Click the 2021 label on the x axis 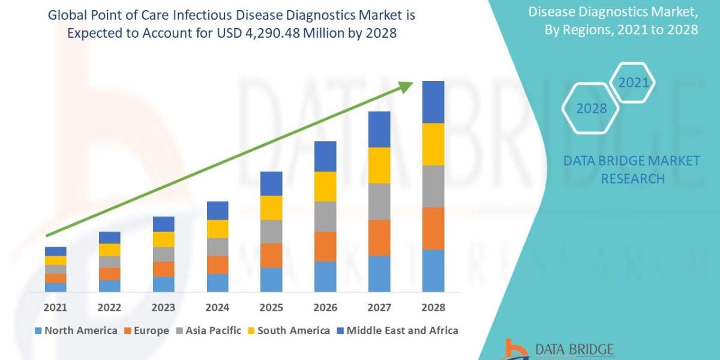pos(56,307)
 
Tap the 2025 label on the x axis pos(271,307)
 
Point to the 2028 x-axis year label pos(433,307)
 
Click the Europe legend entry pos(147,331)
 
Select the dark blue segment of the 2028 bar pos(433,102)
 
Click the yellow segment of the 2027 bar pos(379,165)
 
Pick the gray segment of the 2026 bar pos(325,216)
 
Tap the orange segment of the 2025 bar pos(271,255)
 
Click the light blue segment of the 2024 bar pos(217,283)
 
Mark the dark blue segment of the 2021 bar pos(56,251)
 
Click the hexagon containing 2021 pos(632,82)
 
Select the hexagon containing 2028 pos(590,109)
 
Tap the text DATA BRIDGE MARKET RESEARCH pos(632,169)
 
